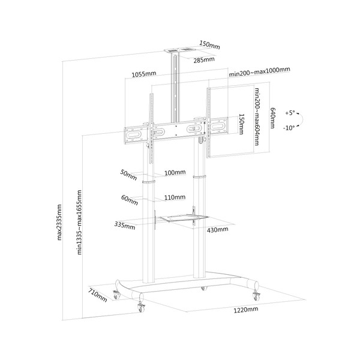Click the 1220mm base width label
point(245,310)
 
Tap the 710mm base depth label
point(98,295)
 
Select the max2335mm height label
point(59,222)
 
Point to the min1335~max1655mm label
point(79,222)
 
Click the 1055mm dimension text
point(144,74)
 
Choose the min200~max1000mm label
point(259,71)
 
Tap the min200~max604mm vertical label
point(257,116)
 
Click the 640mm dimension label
point(272,118)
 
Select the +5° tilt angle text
point(290,113)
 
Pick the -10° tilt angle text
point(289,128)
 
